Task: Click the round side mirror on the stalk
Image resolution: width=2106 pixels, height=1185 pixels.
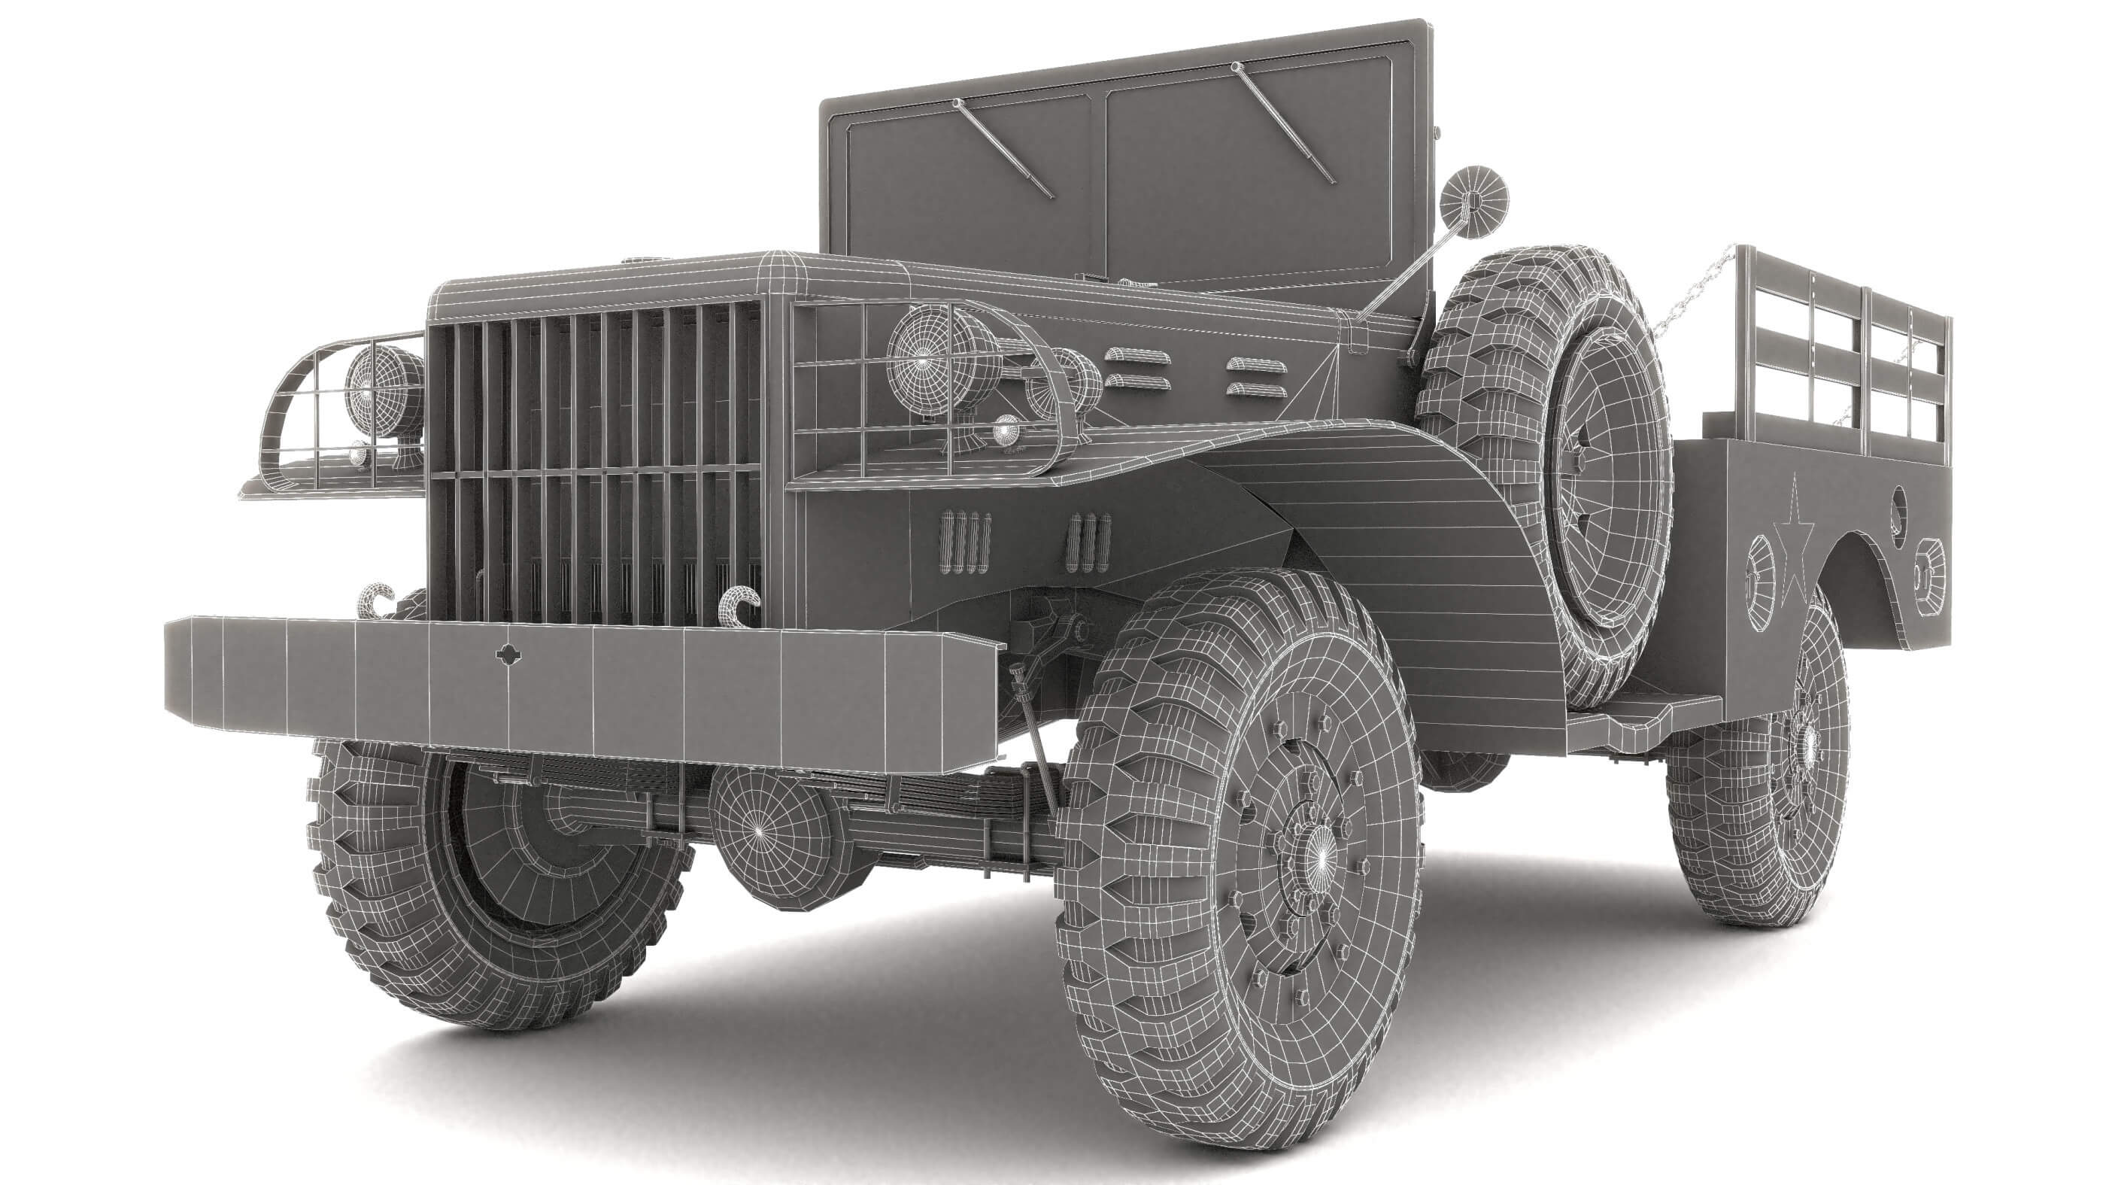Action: coord(1473,198)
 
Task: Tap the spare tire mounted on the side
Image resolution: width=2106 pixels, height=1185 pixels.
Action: coord(1553,474)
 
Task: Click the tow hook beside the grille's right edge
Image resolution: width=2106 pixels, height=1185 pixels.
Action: coord(740,603)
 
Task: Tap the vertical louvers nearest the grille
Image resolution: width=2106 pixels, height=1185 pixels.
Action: coord(966,542)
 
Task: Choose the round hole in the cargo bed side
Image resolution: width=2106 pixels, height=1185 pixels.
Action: coord(1898,506)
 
